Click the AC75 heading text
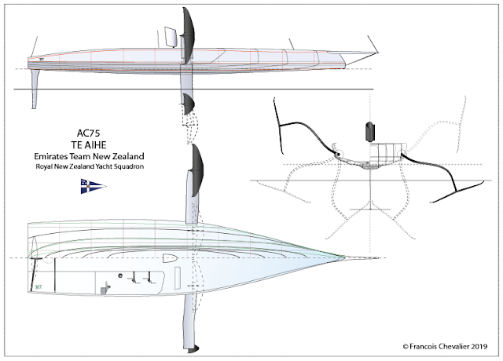(x=88, y=133)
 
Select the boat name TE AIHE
(x=89, y=145)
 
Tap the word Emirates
(x=52, y=156)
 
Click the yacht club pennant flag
(x=93, y=187)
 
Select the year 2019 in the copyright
(x=479, y=346)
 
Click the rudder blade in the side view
(x=35, y=89)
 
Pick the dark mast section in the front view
(x=370, y=131)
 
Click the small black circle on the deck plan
(x=120, y=275)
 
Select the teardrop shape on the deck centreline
(x=170, y=258)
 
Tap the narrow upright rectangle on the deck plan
(x=178, y=278)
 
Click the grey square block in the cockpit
(x=104, y=290)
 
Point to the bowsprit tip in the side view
(x=378, y=53)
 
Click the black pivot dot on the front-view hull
(x=338, y=155)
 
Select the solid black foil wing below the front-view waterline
(x=457, y=191)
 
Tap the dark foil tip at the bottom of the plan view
(x=193, y=349)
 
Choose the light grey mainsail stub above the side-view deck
(x=171, y=37)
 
